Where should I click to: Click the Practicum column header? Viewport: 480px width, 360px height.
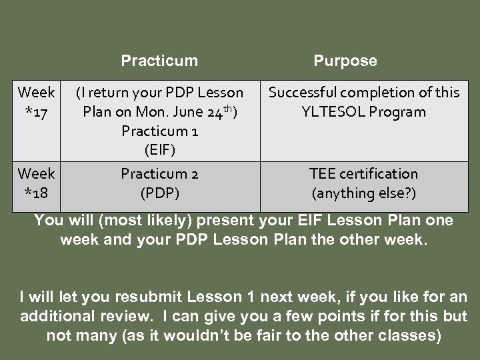(x=159, y=61)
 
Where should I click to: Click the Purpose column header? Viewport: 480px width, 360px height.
(x=345, y=61)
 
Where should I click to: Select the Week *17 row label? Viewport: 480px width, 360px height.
(x=37, y=101)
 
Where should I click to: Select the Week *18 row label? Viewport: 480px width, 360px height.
(x=37, y=183)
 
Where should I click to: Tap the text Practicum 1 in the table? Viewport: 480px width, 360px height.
(x=159, y=131)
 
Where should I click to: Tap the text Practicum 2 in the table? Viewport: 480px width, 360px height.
(x=159, y=174)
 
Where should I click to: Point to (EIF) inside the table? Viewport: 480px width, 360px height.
(x=159, y=150)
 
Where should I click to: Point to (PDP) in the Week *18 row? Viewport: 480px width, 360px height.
(x=159, y=193)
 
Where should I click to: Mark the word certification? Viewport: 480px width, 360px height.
(x=379, y=174)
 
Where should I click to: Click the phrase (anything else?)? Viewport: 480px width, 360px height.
(x=364, y=193)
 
